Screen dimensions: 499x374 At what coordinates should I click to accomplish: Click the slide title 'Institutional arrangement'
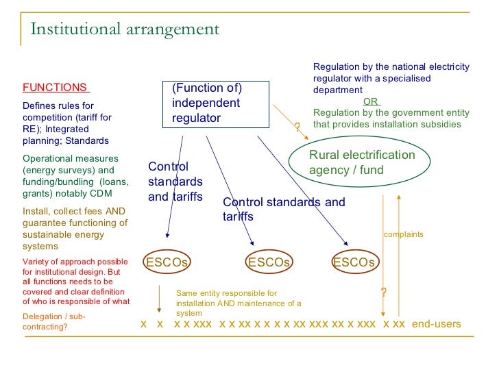(x=124, y=29)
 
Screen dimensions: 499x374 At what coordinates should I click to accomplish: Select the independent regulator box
(x=219, y=103)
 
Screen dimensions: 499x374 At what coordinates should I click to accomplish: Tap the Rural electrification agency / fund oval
(x=362, y=162)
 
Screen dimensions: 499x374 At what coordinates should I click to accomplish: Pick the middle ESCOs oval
(x=269, y=262)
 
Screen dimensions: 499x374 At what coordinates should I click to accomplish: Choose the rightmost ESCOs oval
(x=354, y=262)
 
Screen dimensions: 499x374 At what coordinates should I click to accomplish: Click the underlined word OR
(x=371, y=101)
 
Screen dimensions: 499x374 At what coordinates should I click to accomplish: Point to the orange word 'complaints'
(x=403, y=234)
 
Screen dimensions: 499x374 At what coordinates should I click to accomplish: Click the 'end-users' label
(x=437, y=323)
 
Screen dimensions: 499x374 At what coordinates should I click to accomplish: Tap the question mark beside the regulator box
(x=297, y=127)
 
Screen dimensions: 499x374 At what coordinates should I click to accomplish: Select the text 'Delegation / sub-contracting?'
(x=55, y=321)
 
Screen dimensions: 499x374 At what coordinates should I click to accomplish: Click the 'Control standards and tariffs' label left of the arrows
(x=175, y=182)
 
